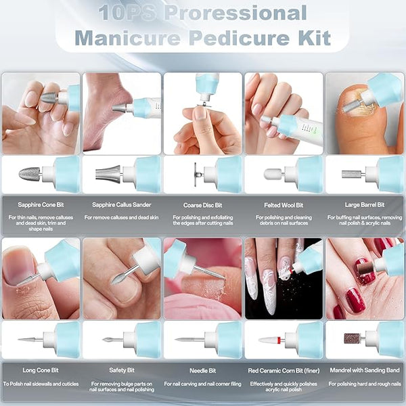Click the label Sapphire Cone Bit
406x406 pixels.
click(x=41, y=205)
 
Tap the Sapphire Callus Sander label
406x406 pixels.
click(x=121, y=205)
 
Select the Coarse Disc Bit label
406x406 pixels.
click(x=203, y=205)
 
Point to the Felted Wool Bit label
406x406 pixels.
click(x=284, y=205)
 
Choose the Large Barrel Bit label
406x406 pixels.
click(x=365, y=205)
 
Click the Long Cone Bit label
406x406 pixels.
click(x=41, y=370)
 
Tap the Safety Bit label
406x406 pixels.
click(x=122, y=370)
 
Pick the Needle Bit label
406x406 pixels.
click(x=203, y=371)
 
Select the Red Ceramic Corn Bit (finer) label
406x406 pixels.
click(x=284, y=371)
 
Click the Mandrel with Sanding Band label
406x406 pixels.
click(x=365, y=370)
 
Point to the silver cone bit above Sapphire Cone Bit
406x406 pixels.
click(x=30, y=173)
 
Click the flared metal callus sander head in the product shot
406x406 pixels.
click(x=108, y=173)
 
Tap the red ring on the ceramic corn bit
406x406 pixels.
click(x=279, y=340)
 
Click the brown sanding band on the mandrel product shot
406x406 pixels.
click(x=352, y=338)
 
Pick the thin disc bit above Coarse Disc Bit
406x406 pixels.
click(x=196, y=174)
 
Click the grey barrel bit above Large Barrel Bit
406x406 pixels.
click(x=350, y=174)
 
